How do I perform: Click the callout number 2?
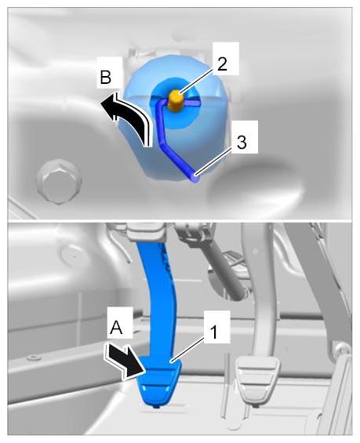coord(222,64)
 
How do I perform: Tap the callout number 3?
coord(242,142)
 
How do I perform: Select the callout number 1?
coord(214,332)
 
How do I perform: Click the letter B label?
coord(106,77)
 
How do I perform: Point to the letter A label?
coord(116,328)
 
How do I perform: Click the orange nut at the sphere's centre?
coord(176,101)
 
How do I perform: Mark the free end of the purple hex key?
coord(195,178)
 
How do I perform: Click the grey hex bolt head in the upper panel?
coord(60,180)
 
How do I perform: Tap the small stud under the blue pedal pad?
coord(156,407)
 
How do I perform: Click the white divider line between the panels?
coord(180,220)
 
